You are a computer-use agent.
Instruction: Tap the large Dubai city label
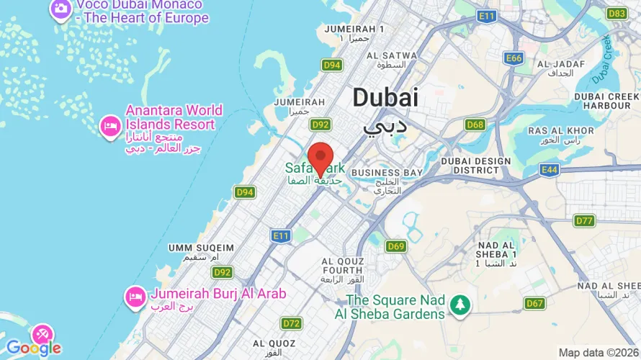385,99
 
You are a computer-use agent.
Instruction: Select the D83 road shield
617,14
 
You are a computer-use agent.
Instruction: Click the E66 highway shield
514,58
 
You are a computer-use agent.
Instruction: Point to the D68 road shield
475,125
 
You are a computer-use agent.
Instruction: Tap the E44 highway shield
550,169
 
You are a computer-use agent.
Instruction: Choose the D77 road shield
584,220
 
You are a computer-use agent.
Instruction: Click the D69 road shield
395,246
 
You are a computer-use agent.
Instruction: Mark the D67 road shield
534,303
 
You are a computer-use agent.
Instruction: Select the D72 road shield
291,323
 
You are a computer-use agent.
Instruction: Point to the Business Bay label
386,173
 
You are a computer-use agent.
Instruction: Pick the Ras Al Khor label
561,130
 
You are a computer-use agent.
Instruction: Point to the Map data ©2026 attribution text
598,352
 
